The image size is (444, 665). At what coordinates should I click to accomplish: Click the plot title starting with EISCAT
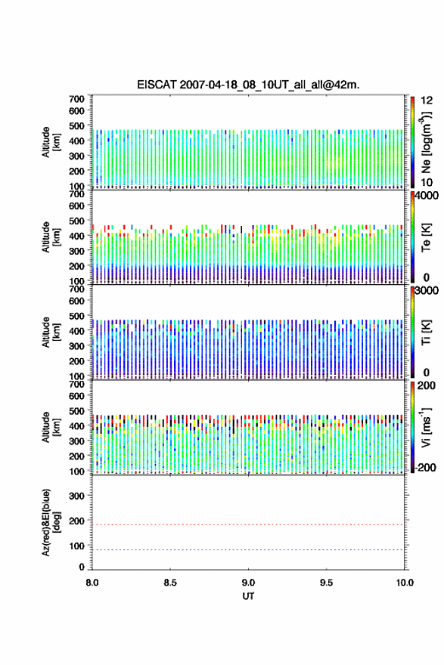(248, 85)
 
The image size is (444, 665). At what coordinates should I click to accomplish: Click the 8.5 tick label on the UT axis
(170, 583)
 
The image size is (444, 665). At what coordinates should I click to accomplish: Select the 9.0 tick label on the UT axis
(248, 583)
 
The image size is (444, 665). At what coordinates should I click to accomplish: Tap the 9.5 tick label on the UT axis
(327, 583)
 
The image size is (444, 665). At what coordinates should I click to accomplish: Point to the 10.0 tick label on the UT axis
(405, 583)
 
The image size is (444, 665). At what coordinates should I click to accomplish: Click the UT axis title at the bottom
(248, 596)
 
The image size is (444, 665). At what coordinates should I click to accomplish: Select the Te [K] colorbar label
(426, 237)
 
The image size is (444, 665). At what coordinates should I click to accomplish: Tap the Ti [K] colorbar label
(426, 332)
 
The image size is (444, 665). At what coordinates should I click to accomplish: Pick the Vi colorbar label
(426, 428)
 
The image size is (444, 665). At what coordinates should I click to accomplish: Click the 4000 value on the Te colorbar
(427, 196)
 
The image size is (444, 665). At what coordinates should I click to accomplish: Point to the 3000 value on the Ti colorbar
(427, 291)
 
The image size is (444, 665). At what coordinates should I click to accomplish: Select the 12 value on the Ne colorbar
(427, 101)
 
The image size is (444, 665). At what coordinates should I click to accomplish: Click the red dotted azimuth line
(248, 524)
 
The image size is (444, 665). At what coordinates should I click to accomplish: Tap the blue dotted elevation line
(248, 549)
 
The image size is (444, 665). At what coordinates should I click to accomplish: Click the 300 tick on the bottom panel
(76, 496)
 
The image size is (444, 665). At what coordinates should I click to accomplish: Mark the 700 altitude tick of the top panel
(76, 99)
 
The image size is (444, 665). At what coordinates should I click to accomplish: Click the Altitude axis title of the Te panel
(51, 237)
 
